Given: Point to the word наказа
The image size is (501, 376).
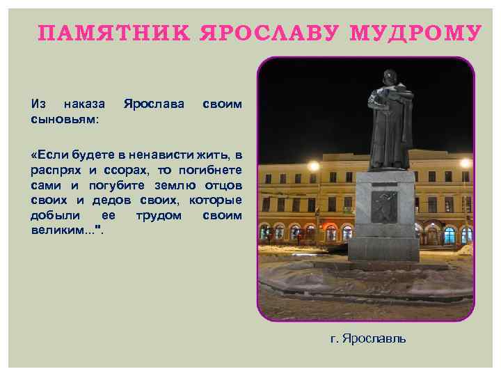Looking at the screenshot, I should click(84, 104).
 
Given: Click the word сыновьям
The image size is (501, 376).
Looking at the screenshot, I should click(65, 119).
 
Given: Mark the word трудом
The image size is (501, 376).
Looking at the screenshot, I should click(159, 215).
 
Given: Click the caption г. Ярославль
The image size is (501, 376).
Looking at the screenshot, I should click(368, 338).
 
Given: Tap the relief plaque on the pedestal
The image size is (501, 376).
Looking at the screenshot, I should click(383, 206).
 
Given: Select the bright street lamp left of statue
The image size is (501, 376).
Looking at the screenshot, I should click(313, 166).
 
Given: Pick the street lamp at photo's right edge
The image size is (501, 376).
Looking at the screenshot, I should click(465, 163).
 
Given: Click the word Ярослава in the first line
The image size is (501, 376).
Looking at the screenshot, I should click(153, 104).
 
